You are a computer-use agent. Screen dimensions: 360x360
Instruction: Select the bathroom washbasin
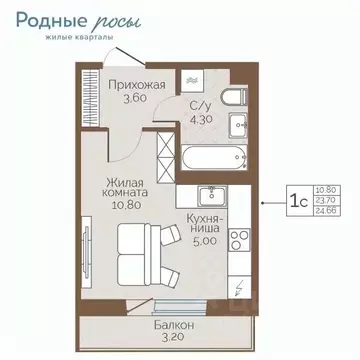pyautogui.click(x=239, y=126)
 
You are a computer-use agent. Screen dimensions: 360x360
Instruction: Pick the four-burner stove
pyautogui.click(x=241, y=241)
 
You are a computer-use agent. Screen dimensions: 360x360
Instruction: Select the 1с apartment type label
pyautogui.click(x=298, y=200)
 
